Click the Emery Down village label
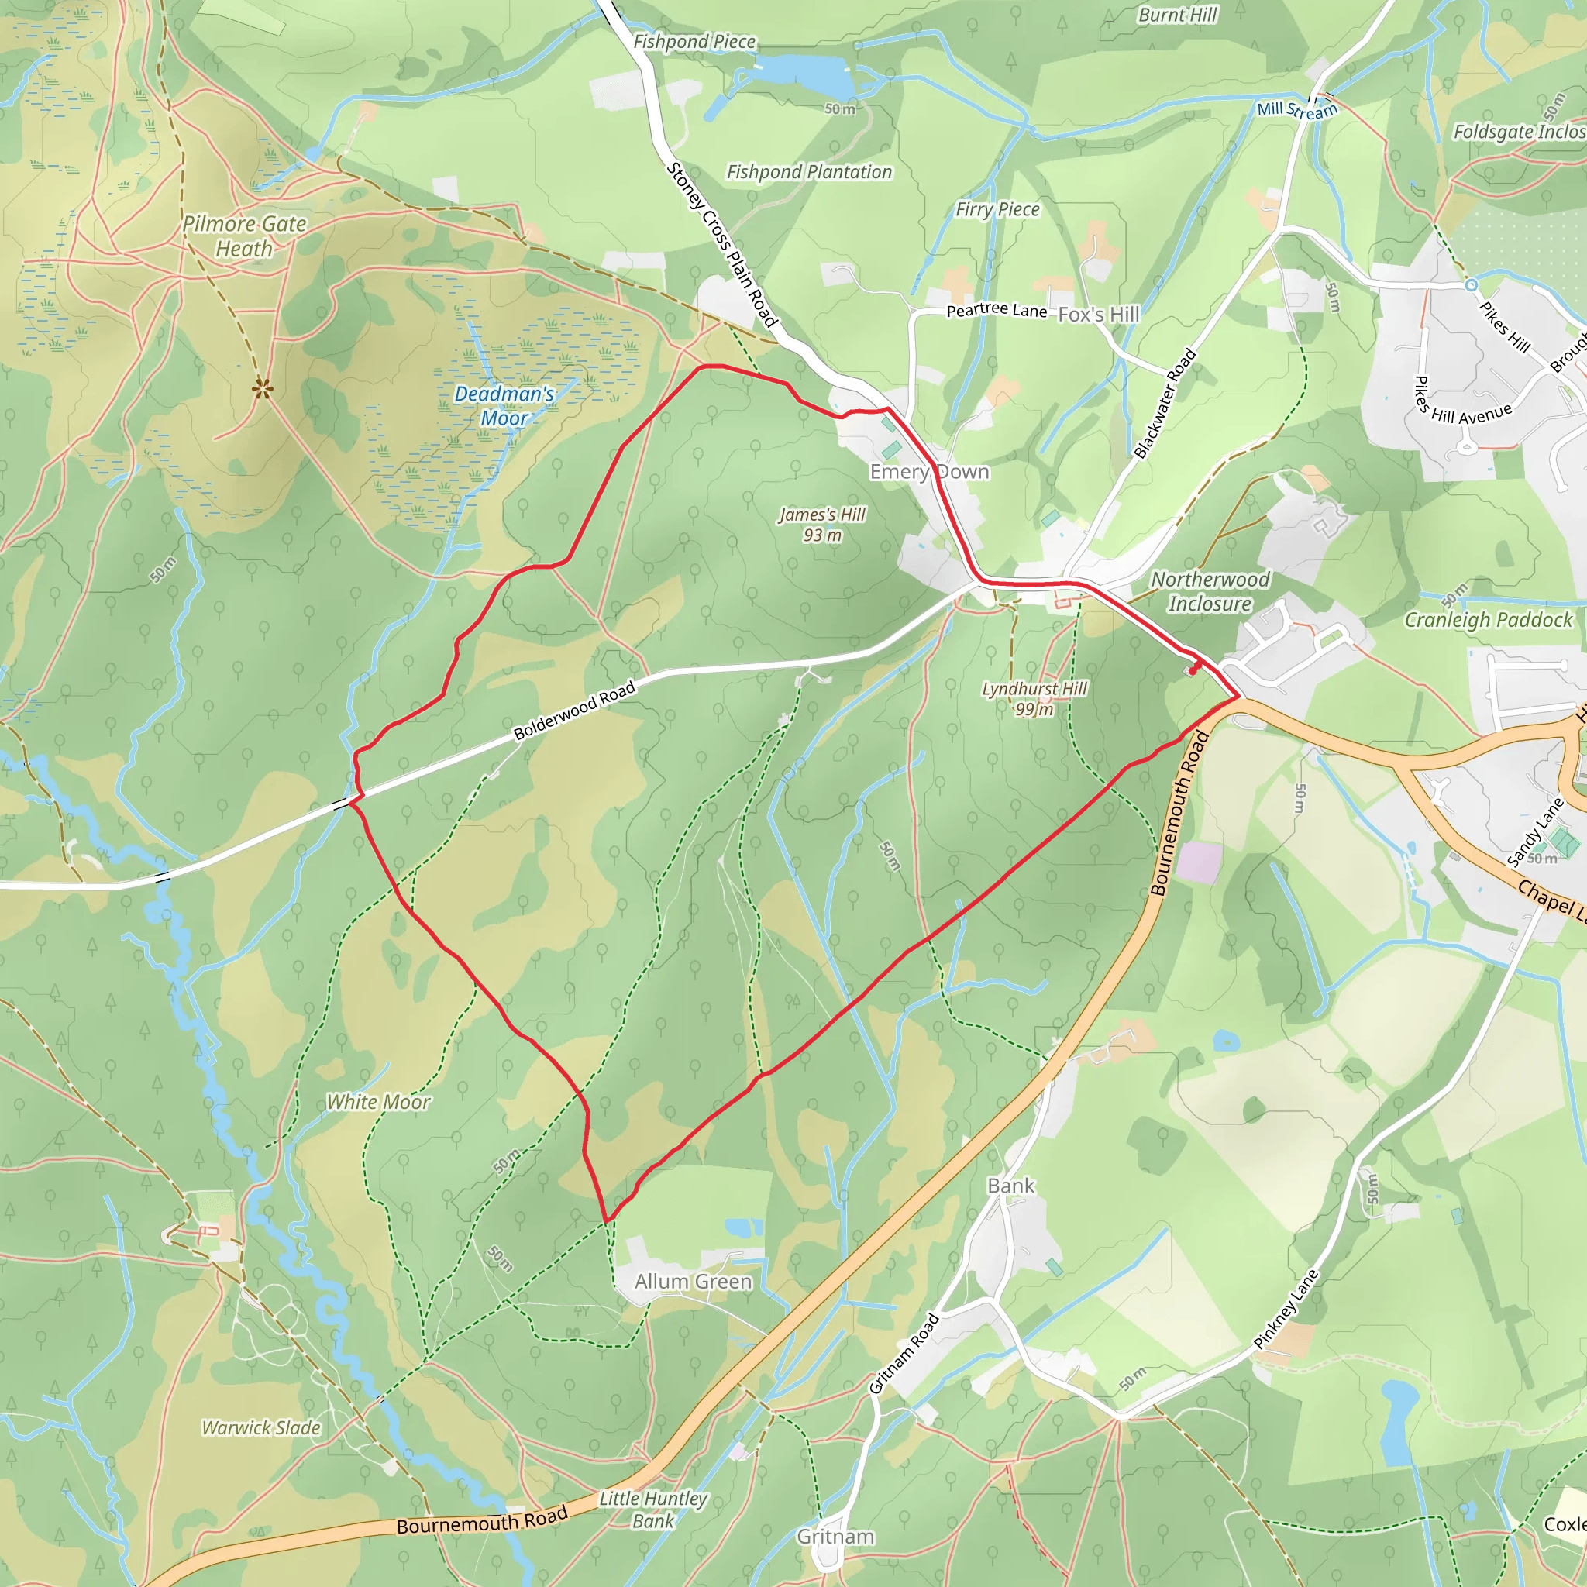929,471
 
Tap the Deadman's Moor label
504,406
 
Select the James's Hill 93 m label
822,524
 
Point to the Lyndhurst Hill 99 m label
1034,698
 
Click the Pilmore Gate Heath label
244,236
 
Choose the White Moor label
378,1102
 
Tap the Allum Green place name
694,1281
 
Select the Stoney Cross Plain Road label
722,244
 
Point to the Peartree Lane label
997,310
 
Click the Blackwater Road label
1164,403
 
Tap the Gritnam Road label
904,1354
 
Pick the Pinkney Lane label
1286,1310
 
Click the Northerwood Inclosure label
1210,591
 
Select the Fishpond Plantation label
809,172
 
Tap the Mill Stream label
1297,110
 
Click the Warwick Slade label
261,1427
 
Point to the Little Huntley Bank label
653,1510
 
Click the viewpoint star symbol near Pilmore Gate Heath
262,387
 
